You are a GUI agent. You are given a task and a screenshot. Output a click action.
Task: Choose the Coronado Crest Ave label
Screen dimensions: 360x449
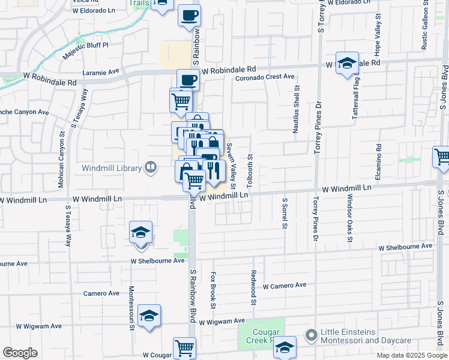(265, 77)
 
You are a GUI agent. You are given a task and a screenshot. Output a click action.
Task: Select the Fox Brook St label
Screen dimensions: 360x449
(213, 290)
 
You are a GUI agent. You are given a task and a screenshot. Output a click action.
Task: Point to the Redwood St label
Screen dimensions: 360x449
(254, 285)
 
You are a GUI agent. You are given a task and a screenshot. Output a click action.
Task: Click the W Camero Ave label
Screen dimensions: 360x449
(284, 286)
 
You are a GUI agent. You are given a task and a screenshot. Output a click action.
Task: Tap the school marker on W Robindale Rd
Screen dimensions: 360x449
(347, 64)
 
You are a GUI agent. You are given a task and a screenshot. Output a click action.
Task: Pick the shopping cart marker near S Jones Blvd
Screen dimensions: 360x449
(442, 157)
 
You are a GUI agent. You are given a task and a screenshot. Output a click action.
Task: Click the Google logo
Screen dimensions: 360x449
(20, 353)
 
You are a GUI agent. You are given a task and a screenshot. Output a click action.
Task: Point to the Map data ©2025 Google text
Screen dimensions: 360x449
(411, 355)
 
